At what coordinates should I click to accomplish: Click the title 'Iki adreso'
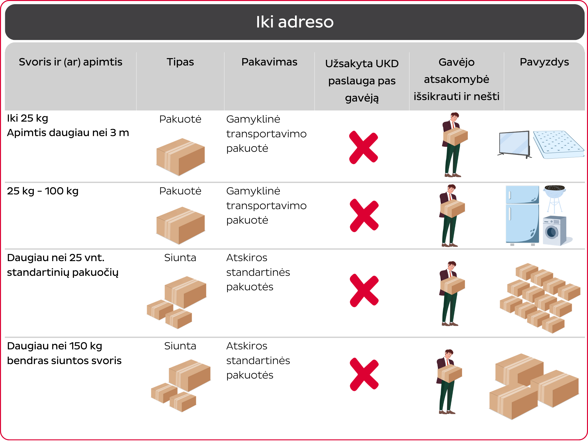(294, 22)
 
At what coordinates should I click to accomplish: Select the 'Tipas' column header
(180, 62)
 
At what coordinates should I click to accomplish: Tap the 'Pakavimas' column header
(269, 62)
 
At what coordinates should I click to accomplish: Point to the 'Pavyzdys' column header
(544, 62)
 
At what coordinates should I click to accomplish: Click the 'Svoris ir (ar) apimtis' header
(71, 62)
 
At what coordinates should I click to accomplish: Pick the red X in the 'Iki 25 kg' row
(363, 147)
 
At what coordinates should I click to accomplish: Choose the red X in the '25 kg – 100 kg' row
(364, 215)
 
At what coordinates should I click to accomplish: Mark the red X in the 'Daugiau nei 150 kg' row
(364, 374)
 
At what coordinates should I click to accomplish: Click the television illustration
(514, 144)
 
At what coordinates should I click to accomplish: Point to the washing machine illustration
(554, 230)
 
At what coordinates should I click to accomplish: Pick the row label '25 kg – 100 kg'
(43, 191)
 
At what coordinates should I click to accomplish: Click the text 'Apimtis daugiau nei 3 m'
(68, 132)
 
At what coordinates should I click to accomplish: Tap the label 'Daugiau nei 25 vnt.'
(56, 258)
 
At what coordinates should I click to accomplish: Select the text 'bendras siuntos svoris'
(64, 361)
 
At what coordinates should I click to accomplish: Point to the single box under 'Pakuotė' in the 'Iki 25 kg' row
(181, 157)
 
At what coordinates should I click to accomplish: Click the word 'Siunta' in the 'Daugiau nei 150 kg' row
(180, 346)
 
